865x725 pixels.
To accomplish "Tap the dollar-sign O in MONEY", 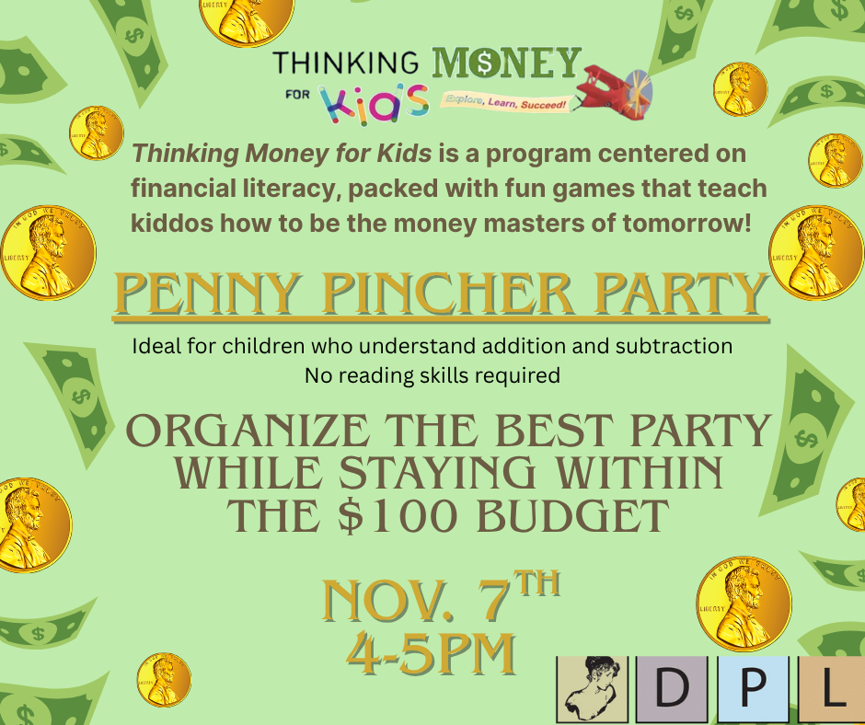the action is tap(485, 63).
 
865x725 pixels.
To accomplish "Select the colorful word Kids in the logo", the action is tap(374, 104).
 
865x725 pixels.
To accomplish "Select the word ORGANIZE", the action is tap(248, 431).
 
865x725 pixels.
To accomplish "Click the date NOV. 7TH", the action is tap(441, 596).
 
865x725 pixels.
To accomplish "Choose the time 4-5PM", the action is tap(432, 653).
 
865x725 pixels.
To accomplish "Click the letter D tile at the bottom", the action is tap(672, 689).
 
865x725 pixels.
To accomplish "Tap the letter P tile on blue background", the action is tap(753, 689).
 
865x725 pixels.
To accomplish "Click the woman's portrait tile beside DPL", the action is tap(592, 689).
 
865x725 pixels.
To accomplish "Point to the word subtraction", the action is tap(674, 346).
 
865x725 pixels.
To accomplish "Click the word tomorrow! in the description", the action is tap(687, 224).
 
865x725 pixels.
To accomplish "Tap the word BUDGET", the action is tap(572, 516).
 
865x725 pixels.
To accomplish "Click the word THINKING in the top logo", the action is tap(345, 63).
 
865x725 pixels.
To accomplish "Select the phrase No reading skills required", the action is tap(432, 375).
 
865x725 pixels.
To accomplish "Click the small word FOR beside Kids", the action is tap(297, 95).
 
